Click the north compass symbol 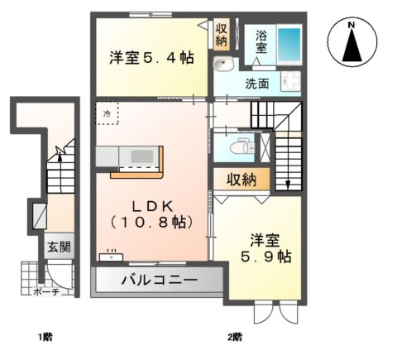coord(351,43)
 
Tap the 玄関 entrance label coord(58,246)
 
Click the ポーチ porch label coord(45,292)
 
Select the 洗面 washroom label coord(256,84)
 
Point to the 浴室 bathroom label coord(261,41)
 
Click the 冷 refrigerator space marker coord(108,112)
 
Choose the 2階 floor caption coord(235,337)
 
